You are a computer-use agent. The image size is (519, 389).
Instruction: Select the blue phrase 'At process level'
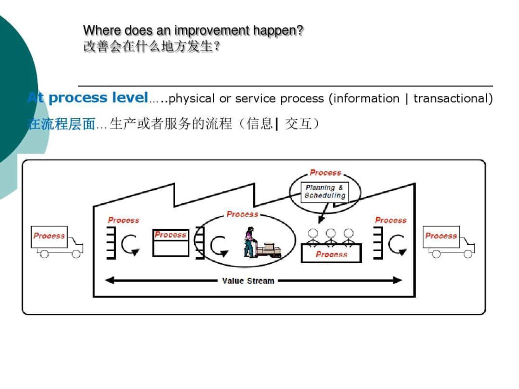point(88,98)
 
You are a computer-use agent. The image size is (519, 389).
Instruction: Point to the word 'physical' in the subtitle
point(191,98)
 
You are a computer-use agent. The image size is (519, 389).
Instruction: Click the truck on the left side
point(57,242)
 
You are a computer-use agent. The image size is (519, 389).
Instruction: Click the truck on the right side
point(449,242)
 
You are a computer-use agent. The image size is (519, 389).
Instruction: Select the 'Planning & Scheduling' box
point(325,191)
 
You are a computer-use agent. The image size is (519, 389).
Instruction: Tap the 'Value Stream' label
point(248,281)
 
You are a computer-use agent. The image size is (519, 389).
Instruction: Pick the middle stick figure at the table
point(331,237)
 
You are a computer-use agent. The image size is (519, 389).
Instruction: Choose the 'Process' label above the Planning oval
point(325,173)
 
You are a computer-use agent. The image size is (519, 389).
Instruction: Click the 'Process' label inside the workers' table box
point(331,254)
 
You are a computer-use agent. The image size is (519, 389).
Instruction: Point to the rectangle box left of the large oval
point(170,243)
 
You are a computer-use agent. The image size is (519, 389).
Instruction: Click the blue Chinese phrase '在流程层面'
point(61,124)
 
